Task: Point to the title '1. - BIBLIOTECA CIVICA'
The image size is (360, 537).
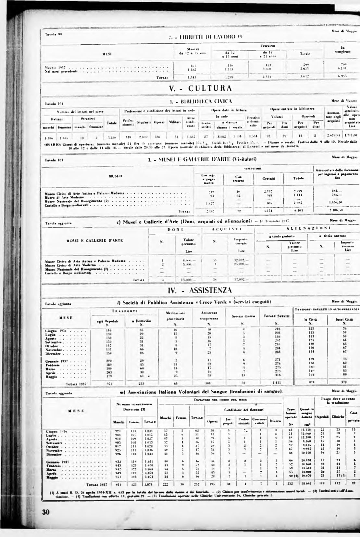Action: coord(201,102)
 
